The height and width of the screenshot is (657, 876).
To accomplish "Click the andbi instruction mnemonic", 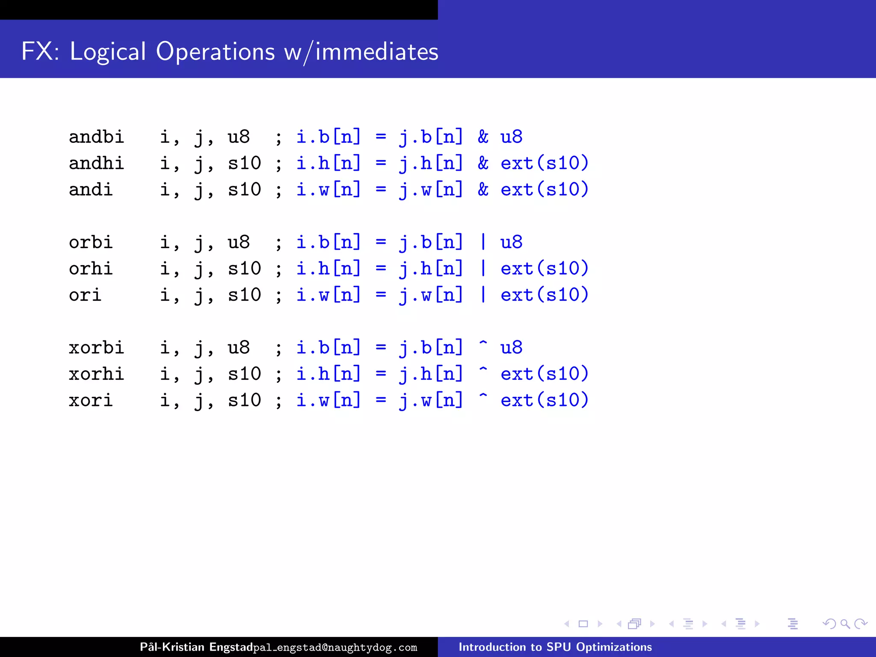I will (96, 137).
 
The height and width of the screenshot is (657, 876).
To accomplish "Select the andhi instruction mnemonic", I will (96, 163).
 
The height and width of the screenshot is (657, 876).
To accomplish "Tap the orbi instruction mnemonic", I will (91, 243).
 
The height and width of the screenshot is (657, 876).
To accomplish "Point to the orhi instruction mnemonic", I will (91, 269).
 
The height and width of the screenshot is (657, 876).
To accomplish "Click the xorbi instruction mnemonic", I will (96, 348).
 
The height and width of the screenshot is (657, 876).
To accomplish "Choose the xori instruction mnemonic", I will (91, 400).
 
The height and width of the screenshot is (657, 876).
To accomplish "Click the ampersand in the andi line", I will (483, 189).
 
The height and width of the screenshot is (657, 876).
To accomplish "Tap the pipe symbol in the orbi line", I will (483, 242).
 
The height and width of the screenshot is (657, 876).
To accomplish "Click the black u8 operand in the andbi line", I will (239, 137).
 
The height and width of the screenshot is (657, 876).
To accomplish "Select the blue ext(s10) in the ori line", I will (545, 295).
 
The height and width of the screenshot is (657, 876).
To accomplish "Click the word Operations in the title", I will (215, 51).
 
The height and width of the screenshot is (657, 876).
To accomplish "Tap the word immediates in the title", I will (377, 52).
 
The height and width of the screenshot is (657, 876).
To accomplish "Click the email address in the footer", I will (335, 648).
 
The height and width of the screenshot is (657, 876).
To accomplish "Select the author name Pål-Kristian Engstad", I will (196, 647).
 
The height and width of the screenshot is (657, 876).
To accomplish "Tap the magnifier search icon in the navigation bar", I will (845, 624).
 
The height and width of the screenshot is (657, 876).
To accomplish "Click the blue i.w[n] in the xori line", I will (328, 400).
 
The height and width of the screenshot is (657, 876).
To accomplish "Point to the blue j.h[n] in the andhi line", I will (431, 163).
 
